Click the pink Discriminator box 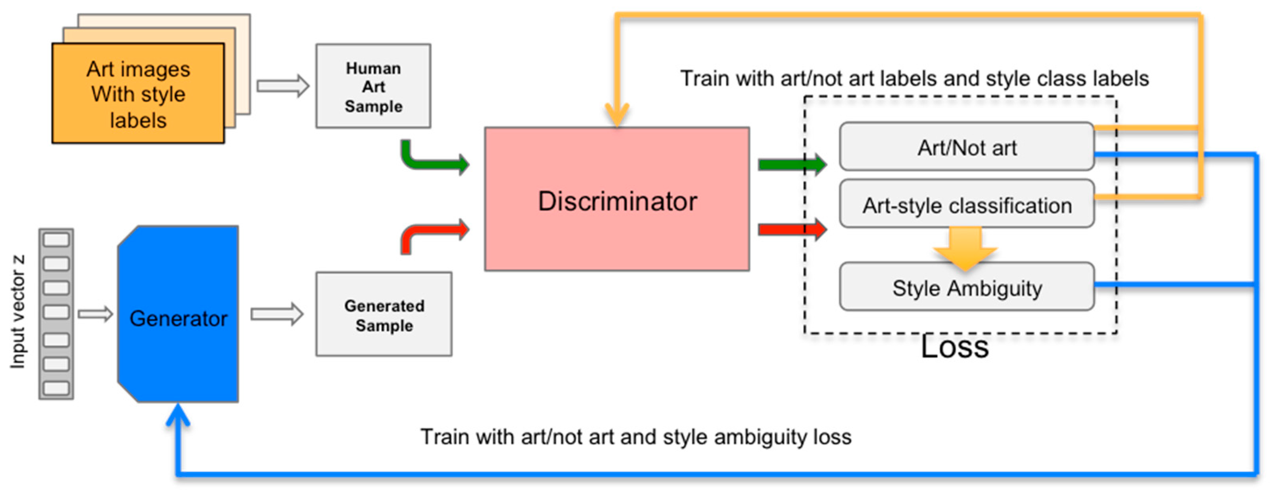point(617,199)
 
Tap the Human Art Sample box point(373,86)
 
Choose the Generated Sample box point(384,314)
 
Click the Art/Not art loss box point(967,147)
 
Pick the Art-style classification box point(967,205)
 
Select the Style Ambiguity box point(967,287)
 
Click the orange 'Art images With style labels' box point(138,94)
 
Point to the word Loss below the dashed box point(954,347)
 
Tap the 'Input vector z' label point(18,312)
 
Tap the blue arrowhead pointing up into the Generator point(177,415)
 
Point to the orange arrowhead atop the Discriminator point(617,114)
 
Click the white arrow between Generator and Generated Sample point(277,314)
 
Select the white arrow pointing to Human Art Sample point(283,86)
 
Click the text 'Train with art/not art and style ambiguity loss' point(635,437)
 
